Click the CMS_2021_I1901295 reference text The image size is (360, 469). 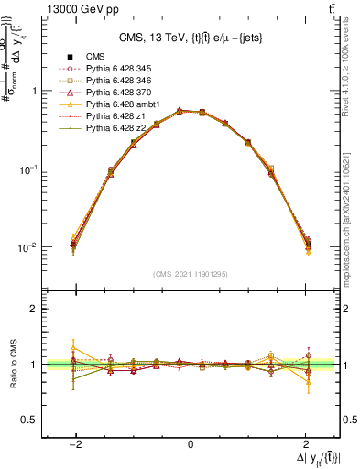point(191,274)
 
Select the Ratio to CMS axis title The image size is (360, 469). point(12,364)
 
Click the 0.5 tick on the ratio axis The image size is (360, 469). point(30,420)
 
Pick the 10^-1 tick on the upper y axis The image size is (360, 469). point(27,169)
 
